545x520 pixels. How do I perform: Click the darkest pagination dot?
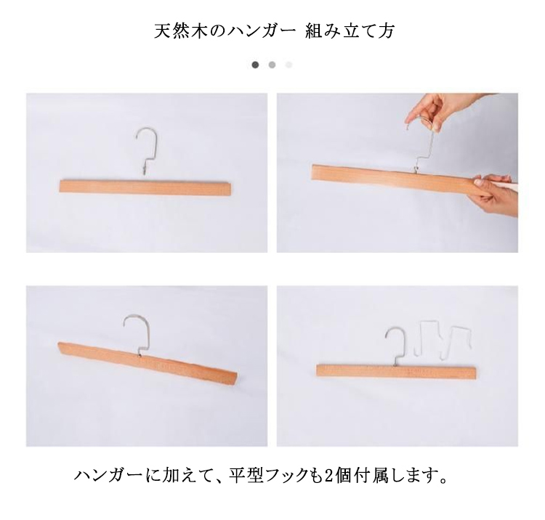click(x=255, y=65)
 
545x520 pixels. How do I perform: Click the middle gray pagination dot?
click(x=272, y=65)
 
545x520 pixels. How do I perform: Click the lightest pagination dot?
click(x=288, y=65)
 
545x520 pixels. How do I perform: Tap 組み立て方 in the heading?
click(x=350, y=31)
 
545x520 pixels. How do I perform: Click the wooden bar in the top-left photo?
click(x=145, y=186)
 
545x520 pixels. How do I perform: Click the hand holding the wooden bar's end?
click(x=496, y=195)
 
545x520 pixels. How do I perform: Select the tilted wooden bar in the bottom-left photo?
click(x=148, y=361)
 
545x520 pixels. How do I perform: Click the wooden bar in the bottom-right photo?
click(x=396, y=371)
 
